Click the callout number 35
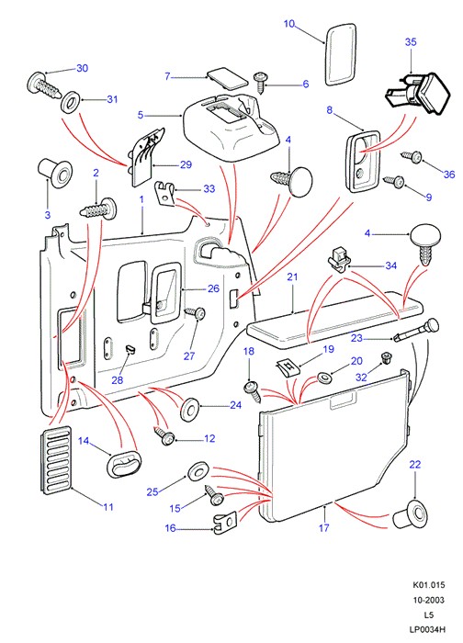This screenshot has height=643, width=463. (x=411, y=42)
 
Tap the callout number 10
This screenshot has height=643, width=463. (x=289, y=24)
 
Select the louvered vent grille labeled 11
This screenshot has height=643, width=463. (x=56, y=459)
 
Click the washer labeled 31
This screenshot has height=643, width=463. (x=71, y=102)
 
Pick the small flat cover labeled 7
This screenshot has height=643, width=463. (x=227, y=77)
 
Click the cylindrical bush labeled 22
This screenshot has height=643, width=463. (x=411, y=514)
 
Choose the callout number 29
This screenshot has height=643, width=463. (x=186, y=164)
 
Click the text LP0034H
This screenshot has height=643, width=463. (x=427, y=629)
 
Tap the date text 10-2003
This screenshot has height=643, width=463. (x=428, y=600)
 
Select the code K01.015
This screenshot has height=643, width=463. (x=428, y=585)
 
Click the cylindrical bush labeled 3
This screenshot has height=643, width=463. (x=55, y=172)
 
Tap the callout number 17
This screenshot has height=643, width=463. (x=324, y=527)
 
